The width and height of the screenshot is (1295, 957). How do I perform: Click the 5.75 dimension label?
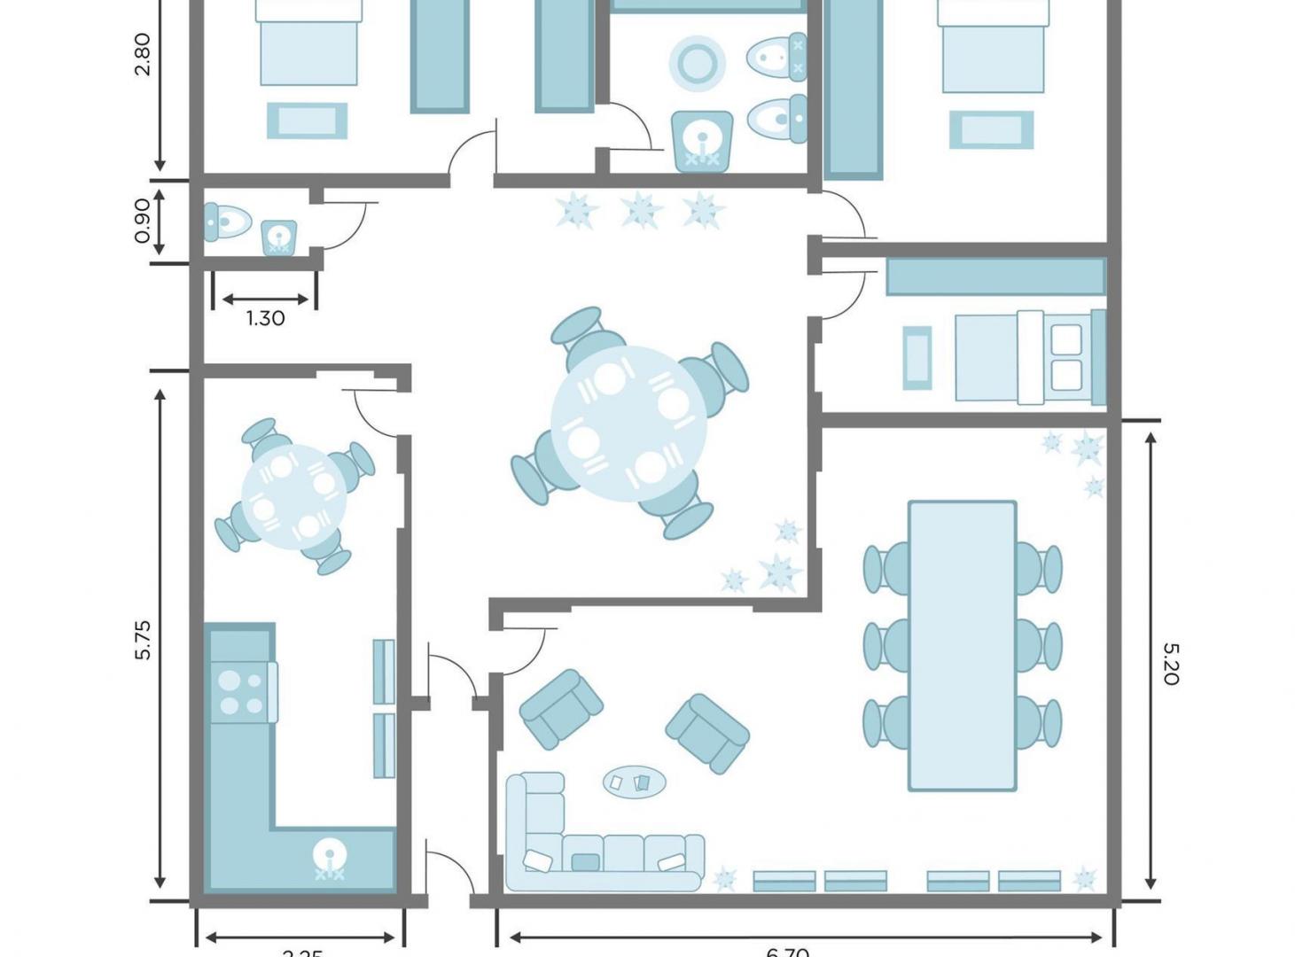pyautogui.click(x=143, y=640)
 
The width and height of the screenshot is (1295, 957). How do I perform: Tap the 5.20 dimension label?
pyautogui.click(x=1170, y=664)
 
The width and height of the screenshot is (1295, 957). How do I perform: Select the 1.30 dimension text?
pyautogui.click(x=265, y=318)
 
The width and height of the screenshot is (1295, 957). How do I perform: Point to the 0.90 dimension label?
pyautogui.click(x=143, y=221)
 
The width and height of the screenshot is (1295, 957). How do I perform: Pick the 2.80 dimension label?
pyautogui.click(x=143, y=54)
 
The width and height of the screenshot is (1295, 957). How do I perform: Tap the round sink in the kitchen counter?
pyautogui.click(x=330, y=856)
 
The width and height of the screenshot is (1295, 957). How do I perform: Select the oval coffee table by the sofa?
pyautogui.click(x=635, y=782)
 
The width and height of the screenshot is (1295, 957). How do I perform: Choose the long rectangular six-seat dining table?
pyautogui.click(x=962, y=645)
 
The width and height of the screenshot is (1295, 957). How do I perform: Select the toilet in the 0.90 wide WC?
pyautogui.click(x=227, y=222)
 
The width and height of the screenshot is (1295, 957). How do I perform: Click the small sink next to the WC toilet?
pyautogui.click(x=278, y=237)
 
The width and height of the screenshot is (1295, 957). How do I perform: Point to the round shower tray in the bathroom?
pyautogui.click(x=698, y=63)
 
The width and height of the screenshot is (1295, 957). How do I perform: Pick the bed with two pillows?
pyautogui.click(x=1028, y=356)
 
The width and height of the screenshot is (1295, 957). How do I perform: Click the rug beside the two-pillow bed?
pyautogui.click(x=917, y=358)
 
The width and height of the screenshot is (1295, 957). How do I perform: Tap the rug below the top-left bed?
pyautogui.click(x=307, y=121)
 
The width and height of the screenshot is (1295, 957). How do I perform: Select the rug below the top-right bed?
pyautogui.click(x=991, y=129)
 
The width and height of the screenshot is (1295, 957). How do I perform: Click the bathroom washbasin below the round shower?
pyautogui.click(x=702, y=140)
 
